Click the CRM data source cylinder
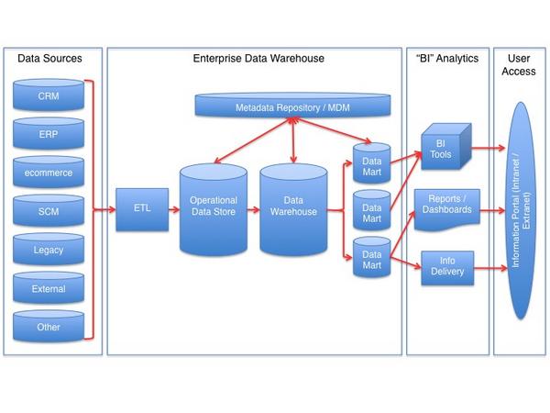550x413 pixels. [49, 95]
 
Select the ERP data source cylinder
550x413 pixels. [49, 133]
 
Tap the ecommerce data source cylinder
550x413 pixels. [49, 172]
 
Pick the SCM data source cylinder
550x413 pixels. [49, 210]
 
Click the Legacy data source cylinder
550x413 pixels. [49, 249]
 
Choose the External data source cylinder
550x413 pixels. [49, 288]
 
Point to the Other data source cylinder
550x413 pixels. [49, 327]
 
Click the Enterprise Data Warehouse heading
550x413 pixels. [258, 59]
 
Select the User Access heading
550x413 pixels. [521, 64]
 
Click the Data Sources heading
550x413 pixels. [50, 59]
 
